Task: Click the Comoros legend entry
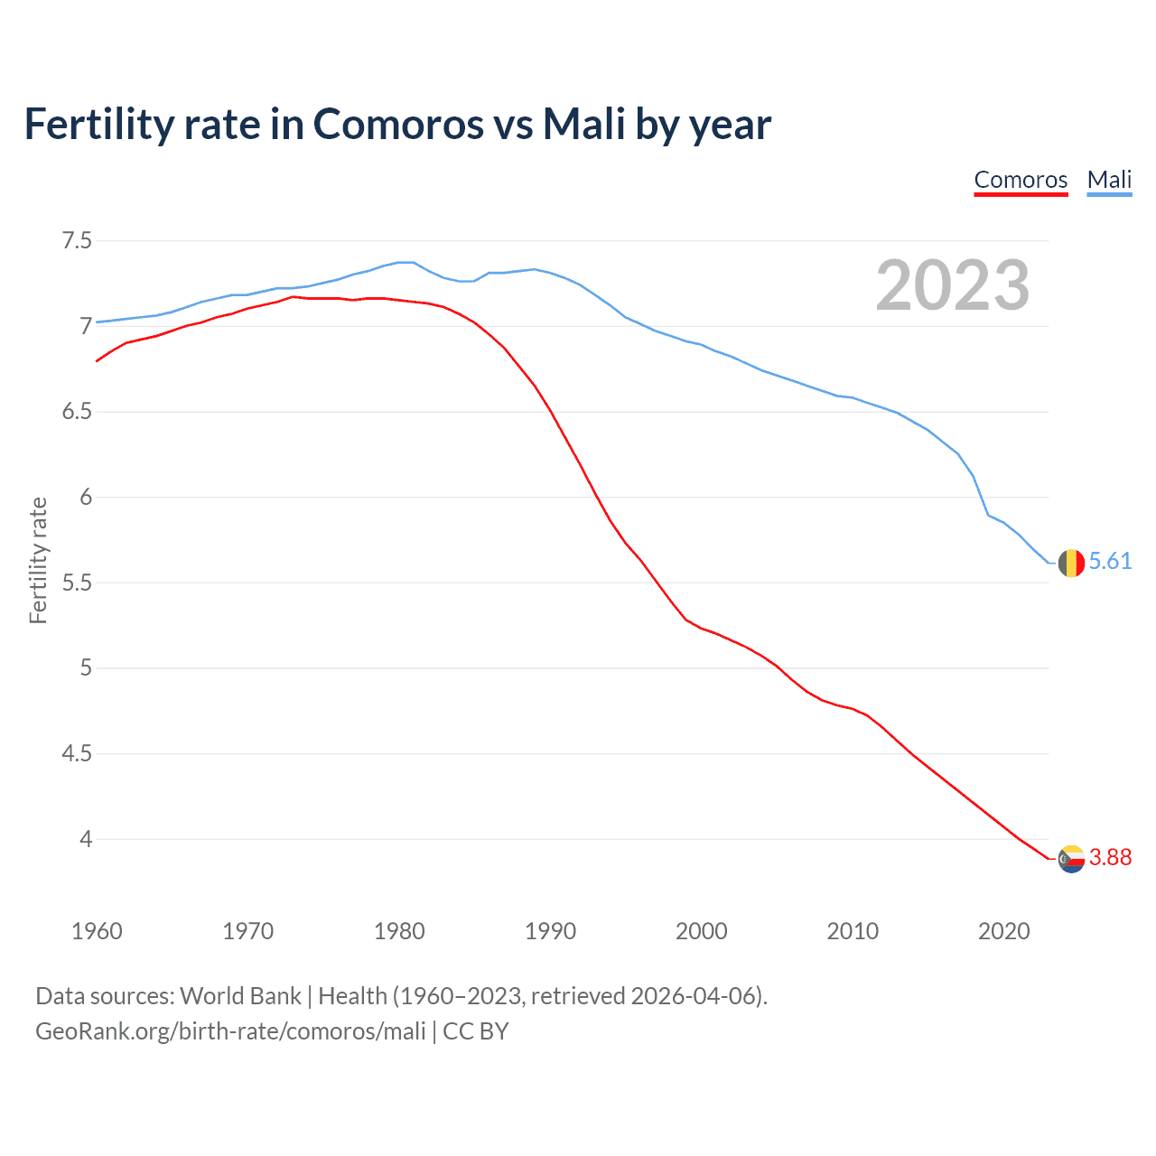point(1021,180)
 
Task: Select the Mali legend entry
point(1109,180)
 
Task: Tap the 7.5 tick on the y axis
point(77,240)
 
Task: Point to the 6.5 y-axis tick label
point(77,412)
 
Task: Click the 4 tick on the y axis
point(86,839)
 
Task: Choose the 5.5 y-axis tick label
point(77,583)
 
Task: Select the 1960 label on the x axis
point(97,931)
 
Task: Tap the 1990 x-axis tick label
point(550,931)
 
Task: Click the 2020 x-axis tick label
point(1003,931)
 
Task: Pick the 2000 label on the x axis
point(701,931)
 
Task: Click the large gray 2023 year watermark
point(953,285)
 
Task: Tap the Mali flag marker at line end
point(1071,563)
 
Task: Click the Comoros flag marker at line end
point(1071,859)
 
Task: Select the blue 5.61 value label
point(1110,562)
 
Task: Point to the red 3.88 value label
point(1110,858)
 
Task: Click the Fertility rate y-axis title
point(38,560)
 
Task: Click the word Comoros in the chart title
point(398,124)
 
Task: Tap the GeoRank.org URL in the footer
point(230,1031)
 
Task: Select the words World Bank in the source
point(240,996)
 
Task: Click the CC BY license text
point(476,1031)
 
